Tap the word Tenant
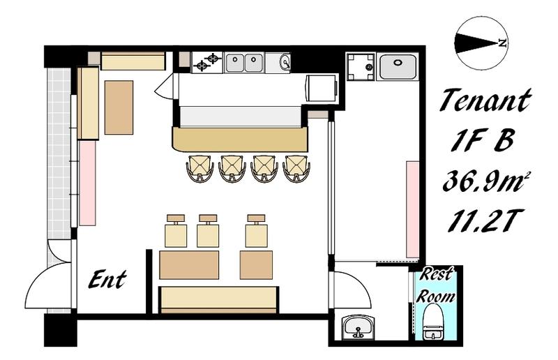[485, 100]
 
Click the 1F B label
[483, 140]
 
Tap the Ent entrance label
[107, 280]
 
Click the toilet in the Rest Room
[433, 322]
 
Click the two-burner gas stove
[207, 62]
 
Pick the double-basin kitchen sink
[245, 63]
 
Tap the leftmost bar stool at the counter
[199, 168]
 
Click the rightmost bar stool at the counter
[296, 168]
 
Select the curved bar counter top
[240, 140]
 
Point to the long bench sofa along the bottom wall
[218, 300]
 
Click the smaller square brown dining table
[256, 265]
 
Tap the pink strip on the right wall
[413, 209]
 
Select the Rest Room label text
[435, 285]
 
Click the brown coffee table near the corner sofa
[119, 107]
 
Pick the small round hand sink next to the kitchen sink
[285, 62]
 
